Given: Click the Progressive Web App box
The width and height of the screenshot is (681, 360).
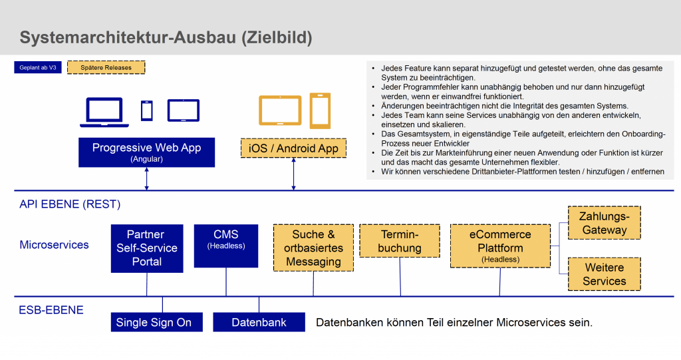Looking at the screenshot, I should [146, 152].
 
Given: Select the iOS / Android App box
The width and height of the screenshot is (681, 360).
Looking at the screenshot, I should [293, 148].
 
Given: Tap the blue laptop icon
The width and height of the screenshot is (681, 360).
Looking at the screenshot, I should [104, 112].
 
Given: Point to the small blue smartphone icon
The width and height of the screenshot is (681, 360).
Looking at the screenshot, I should [146, 110].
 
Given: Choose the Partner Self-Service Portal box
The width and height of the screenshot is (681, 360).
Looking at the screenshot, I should [146, 248].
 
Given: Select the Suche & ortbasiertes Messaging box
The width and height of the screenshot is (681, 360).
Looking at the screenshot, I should [313, 248].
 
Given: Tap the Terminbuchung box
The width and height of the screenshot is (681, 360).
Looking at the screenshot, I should [400, 241].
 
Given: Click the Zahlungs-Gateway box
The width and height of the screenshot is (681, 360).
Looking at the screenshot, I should [605, 223].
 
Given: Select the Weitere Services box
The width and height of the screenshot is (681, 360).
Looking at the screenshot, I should [605, 274].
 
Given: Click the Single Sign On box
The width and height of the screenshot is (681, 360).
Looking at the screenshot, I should [154, 322].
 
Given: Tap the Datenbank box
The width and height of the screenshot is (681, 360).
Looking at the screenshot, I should [259, 322].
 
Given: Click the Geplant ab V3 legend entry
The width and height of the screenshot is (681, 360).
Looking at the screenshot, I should [38, 68].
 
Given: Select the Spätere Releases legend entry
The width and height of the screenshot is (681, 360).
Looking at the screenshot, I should [106, 68].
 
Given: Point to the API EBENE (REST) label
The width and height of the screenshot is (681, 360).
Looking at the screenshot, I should [70, 204].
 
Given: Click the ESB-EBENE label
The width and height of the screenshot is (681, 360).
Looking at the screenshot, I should [51, 309].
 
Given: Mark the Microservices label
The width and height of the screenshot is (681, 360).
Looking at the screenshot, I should [54, 245].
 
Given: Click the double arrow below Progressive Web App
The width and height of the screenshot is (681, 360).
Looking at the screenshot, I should [146, 179].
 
